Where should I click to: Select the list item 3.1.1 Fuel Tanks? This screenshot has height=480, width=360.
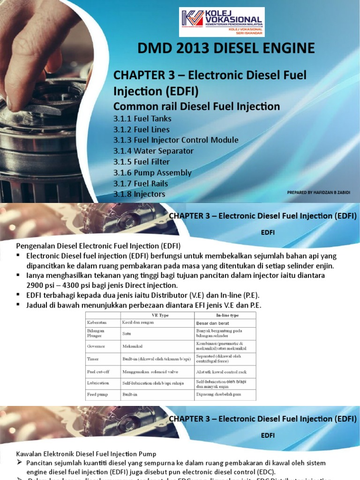(142, 119)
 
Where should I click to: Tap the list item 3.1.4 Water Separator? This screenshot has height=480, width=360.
(153, 151)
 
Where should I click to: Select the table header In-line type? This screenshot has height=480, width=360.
(225, 315)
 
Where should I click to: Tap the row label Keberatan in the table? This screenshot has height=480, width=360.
(97, 323)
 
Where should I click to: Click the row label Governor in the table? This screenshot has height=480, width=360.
(96, 346)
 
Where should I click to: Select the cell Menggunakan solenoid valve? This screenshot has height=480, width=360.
(149, 372)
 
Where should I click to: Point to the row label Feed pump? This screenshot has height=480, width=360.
(97, 395)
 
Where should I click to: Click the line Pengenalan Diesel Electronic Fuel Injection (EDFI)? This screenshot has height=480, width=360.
(98, 246)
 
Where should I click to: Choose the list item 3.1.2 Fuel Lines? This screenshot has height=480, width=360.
(141, 129)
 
